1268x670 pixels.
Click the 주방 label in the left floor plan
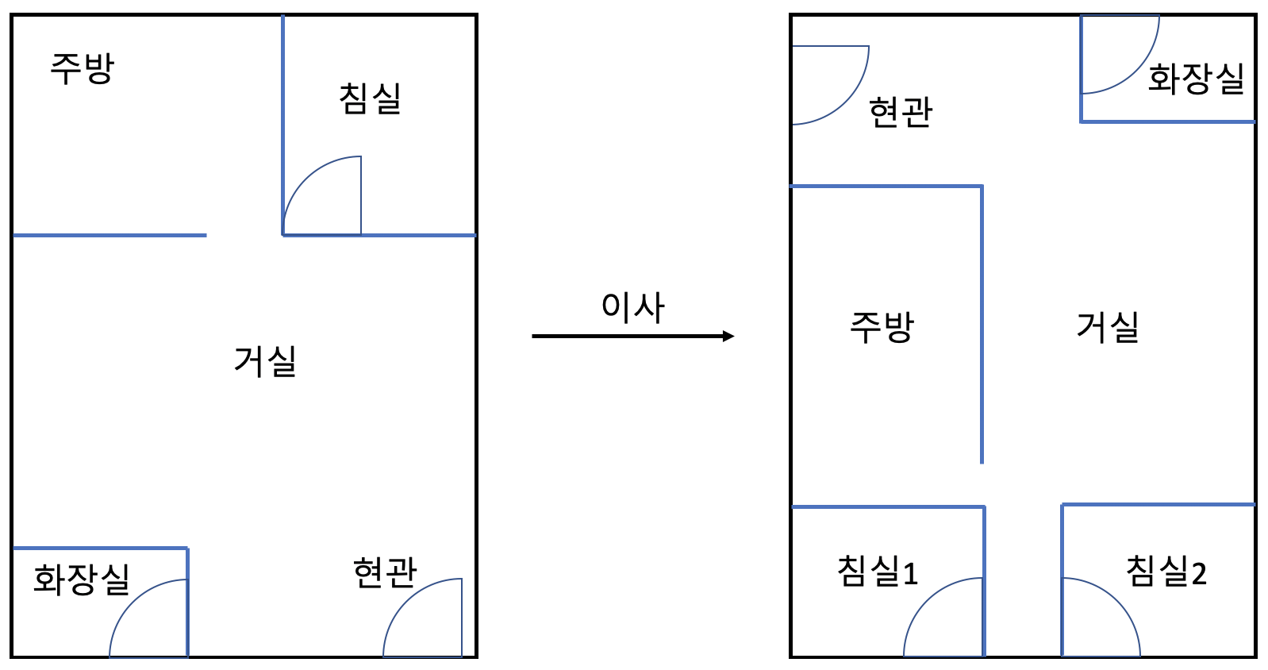[x=83, y=68]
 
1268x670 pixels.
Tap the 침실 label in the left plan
[x=370, y=99]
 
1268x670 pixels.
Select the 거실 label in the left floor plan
[x=265, y=361]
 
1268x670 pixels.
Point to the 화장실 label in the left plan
[x=82, y=580]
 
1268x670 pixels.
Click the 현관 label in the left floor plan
[x=385, y=572]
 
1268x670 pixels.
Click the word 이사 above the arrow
[x=632, y=307]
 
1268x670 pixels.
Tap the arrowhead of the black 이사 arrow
[x=728, y=337]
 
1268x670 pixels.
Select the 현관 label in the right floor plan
[x=901, y=112]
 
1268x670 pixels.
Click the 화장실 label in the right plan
[x=1196, y=79]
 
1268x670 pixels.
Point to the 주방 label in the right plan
[x=882, y=327]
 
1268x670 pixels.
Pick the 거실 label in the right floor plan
[x=1108, y=327]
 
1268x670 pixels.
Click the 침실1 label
[x=878, y=572]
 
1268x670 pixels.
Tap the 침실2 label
[x=1166, y=572]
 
